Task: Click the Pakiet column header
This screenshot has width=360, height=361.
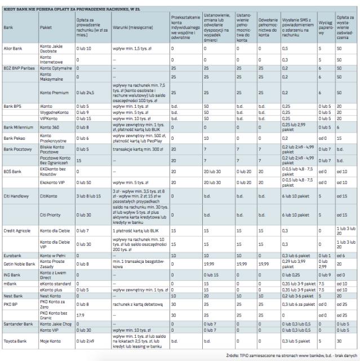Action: [x=46, y=27]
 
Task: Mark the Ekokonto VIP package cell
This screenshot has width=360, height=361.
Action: [x=51, y=182]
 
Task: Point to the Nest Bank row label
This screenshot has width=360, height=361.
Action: [x=13, y=295]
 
